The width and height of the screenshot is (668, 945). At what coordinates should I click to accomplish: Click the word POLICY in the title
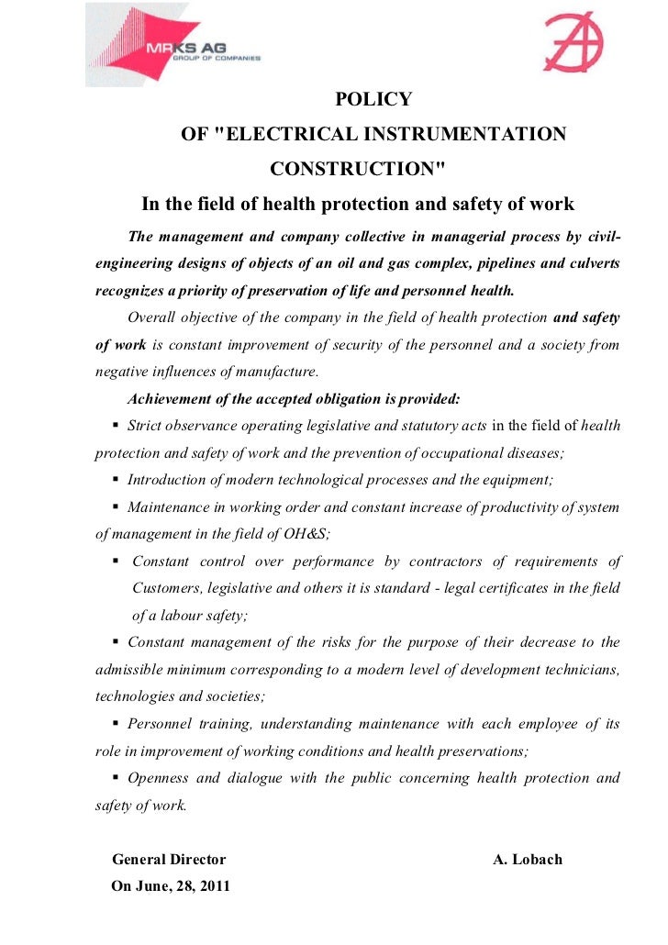(373, 100)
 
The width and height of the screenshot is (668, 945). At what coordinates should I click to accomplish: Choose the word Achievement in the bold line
(172, 399)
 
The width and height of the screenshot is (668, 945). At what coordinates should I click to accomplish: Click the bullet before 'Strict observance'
(116, 426)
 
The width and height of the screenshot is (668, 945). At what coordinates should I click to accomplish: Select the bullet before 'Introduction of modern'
(116, 479)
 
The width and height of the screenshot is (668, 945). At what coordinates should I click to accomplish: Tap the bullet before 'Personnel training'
(116, 723)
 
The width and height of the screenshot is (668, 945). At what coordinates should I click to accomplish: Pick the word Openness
(158, 778)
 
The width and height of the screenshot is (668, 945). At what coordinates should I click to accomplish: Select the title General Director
(169, 860)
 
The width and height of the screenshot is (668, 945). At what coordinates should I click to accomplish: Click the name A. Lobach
(528, 860)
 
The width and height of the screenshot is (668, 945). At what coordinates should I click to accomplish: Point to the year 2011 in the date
(214, 887)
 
